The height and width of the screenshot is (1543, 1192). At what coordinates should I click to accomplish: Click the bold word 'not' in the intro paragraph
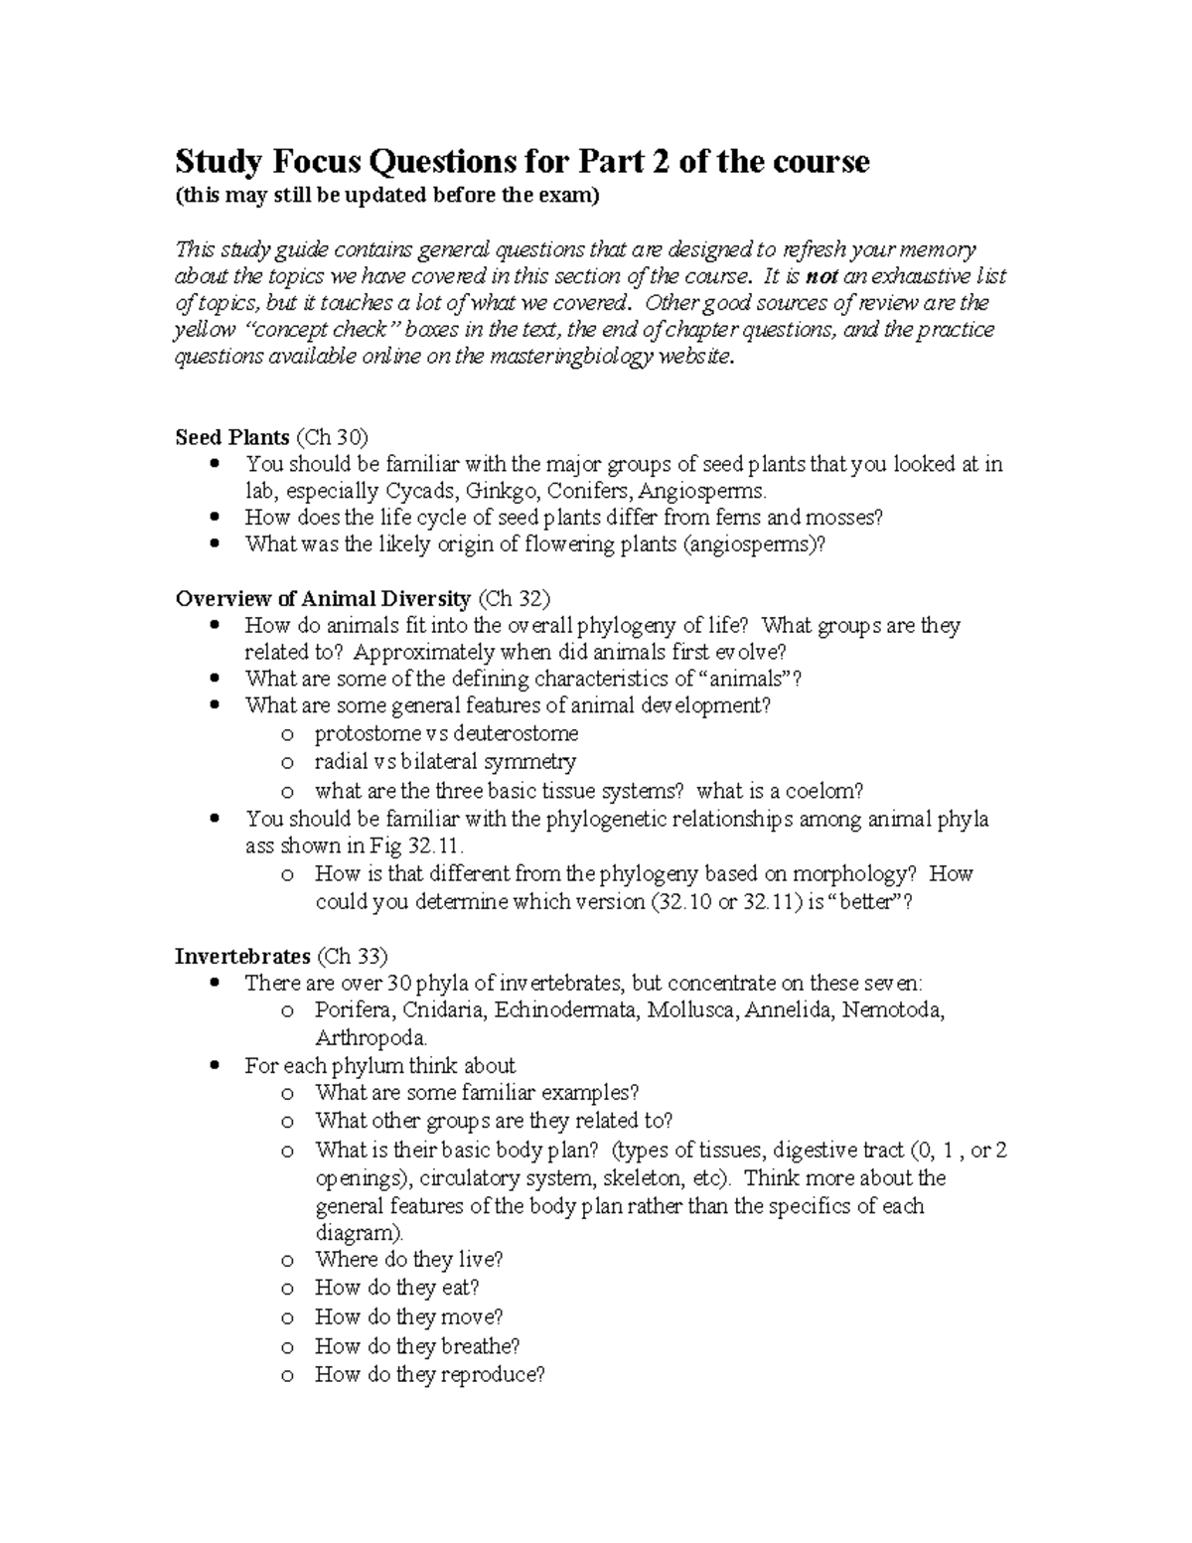821,276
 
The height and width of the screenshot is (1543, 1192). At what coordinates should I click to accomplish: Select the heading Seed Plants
232,437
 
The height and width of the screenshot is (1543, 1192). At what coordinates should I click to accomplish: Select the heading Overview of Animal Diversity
323,598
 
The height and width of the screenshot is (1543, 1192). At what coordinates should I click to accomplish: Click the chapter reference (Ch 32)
514,598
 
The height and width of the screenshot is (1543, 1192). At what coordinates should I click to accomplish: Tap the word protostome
370,734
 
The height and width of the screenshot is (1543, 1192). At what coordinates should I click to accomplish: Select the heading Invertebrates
242,957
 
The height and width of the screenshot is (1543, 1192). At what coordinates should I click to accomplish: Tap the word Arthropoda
371,1038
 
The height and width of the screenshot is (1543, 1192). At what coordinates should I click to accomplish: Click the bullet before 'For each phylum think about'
216,1066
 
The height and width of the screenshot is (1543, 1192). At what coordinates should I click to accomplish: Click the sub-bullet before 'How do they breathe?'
286,1347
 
